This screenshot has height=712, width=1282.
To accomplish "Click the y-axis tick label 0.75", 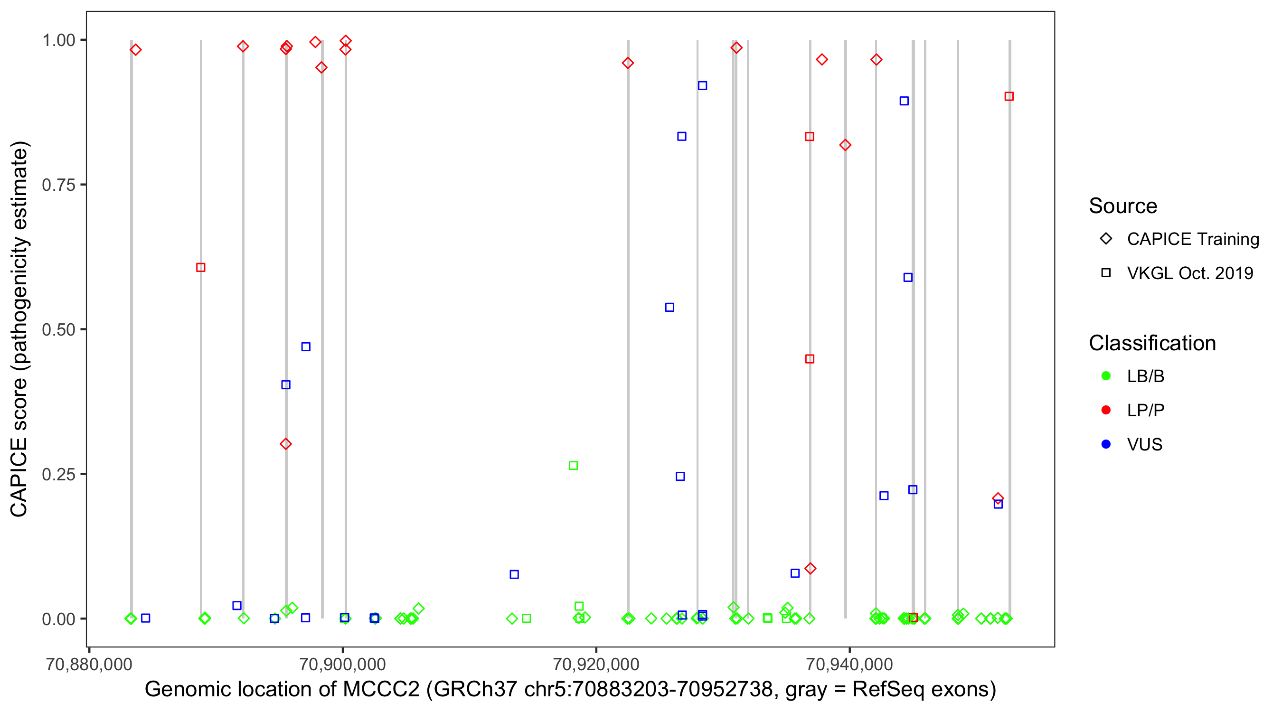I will (58, 185).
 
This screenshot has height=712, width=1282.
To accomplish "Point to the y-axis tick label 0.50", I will (58, 330).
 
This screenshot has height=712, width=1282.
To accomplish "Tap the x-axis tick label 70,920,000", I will (596, 664).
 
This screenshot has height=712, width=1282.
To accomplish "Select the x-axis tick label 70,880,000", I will (89, 664).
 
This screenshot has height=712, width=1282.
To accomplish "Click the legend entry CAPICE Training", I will (1192, 239).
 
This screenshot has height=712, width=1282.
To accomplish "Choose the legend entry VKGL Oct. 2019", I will (1189, 273).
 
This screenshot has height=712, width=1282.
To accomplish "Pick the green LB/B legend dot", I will (1106, 376).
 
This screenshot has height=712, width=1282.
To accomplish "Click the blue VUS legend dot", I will (1106, 444).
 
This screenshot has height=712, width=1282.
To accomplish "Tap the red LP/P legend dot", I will (1106, 410).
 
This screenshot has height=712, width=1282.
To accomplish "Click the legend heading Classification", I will (1152, 343).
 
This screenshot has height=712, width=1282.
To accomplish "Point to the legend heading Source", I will (1123, 206).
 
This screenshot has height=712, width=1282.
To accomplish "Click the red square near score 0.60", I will (200, 268).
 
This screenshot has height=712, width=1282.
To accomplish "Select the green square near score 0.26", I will (573, 466).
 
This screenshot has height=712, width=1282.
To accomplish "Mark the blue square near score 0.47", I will (306, 347).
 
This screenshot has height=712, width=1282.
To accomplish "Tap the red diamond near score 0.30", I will (286, 444).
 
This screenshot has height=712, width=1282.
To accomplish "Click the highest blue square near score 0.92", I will (702, 85).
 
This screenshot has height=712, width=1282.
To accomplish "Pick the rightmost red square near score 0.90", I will (1009, 96).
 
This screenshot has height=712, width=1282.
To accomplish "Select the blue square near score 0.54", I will (670, 308).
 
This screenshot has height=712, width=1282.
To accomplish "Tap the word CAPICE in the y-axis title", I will (19, 477).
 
